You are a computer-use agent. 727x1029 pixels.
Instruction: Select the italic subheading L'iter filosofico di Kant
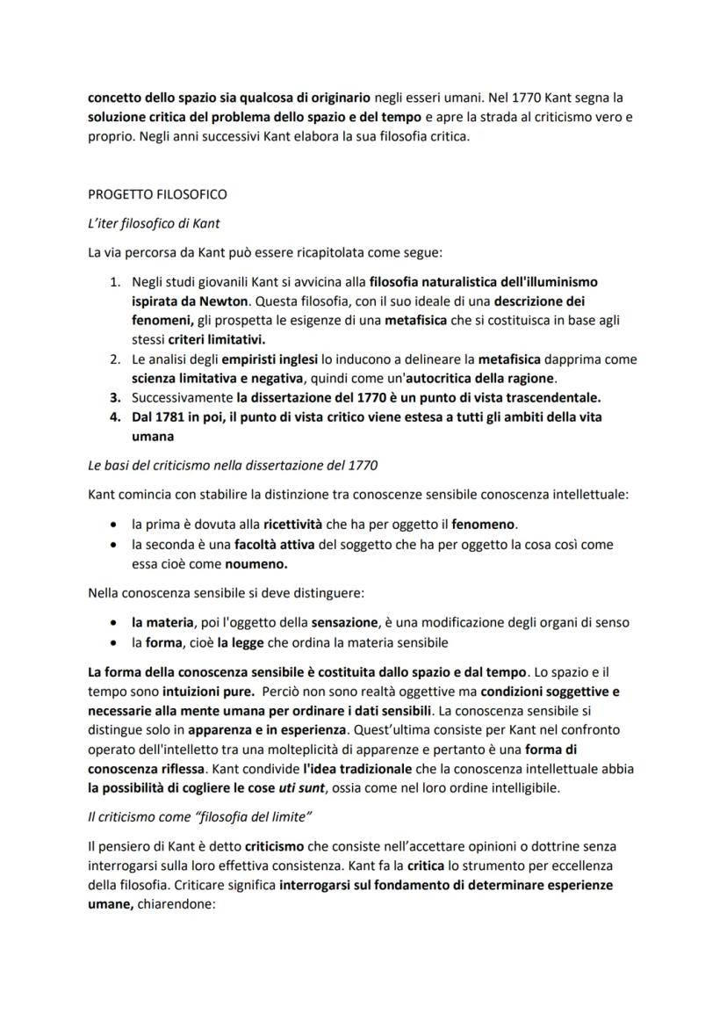pos(154,224)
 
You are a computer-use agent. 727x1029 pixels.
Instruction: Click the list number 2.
pos(115,359)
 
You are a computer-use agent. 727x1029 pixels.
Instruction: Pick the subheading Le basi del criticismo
pos(233,465)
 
